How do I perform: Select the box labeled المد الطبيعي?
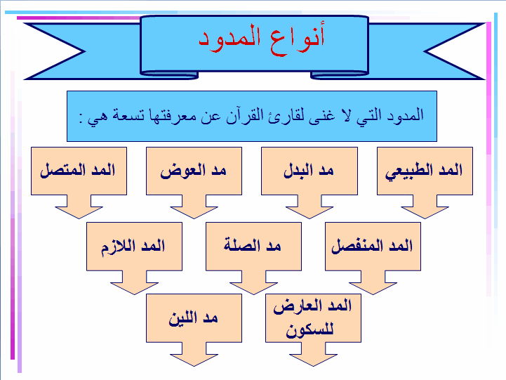point(425,171)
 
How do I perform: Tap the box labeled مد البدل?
point(309,171)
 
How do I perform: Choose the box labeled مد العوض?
point(194,171)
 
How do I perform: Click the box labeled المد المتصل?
point(79,171)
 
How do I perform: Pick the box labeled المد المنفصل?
point(373,246)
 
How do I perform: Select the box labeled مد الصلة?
point(253,246)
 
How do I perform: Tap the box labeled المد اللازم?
point(134,246)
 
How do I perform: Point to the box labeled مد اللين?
point(194,317)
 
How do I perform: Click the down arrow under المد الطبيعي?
point(424,207)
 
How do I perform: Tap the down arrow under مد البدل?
point(309,207)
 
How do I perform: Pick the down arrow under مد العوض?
point(194,207)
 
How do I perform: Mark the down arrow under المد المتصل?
point(79,207)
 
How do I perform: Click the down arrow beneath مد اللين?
point(194,355)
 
